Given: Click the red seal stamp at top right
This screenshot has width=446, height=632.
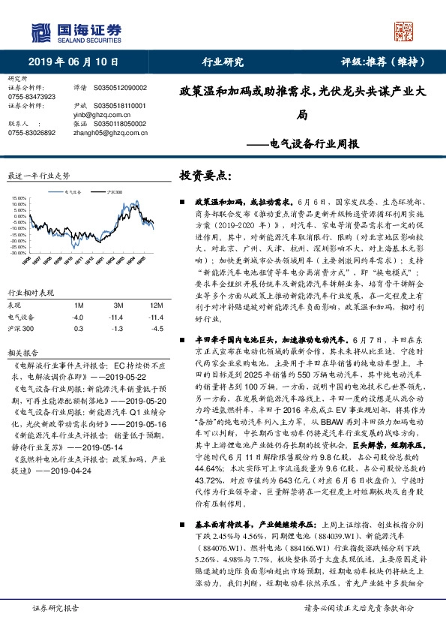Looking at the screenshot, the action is (x=405, y=31).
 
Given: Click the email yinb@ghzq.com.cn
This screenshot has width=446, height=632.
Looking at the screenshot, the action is (x=97, y=116).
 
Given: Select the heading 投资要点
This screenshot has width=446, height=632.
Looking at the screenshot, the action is (x=205, y=175).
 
